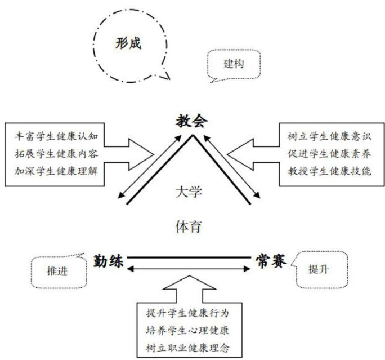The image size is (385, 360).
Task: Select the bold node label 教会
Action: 191,121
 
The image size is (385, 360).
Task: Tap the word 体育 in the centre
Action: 189,227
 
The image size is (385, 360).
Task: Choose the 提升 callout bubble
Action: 319,269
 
